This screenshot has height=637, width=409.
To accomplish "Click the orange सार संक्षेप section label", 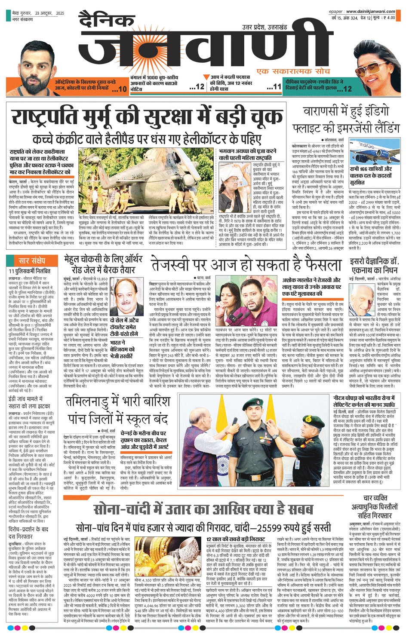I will click(x=31, y=261).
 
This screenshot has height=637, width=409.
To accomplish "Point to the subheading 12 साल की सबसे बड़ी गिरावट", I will click(x=236, y=539).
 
